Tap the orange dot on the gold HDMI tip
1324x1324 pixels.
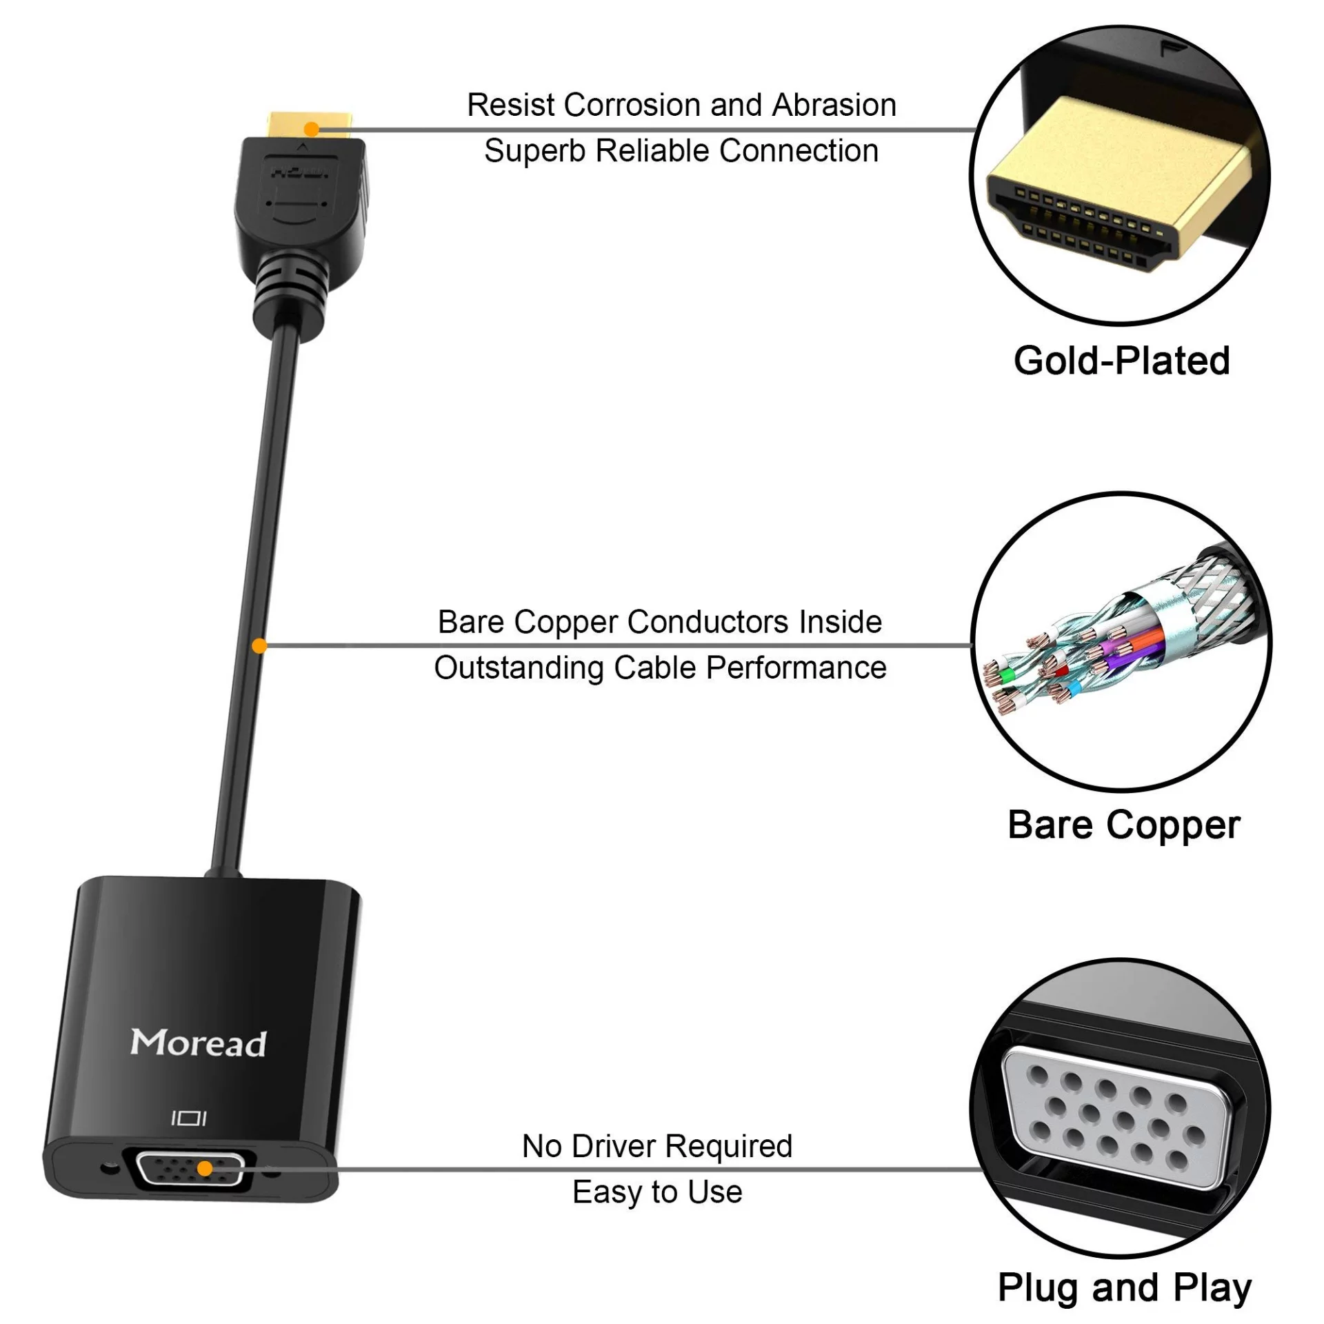[x=312, y=129]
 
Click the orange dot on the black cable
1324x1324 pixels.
[x=259, y=646]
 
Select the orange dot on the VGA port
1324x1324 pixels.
[x=205, y=1169]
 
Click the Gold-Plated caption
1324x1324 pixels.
[x=1122, y=361]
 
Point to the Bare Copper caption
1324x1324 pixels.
[x=1124, y=825]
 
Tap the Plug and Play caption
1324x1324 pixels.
[x=1125, y=1288]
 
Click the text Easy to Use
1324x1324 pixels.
[x=657, y=1192]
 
